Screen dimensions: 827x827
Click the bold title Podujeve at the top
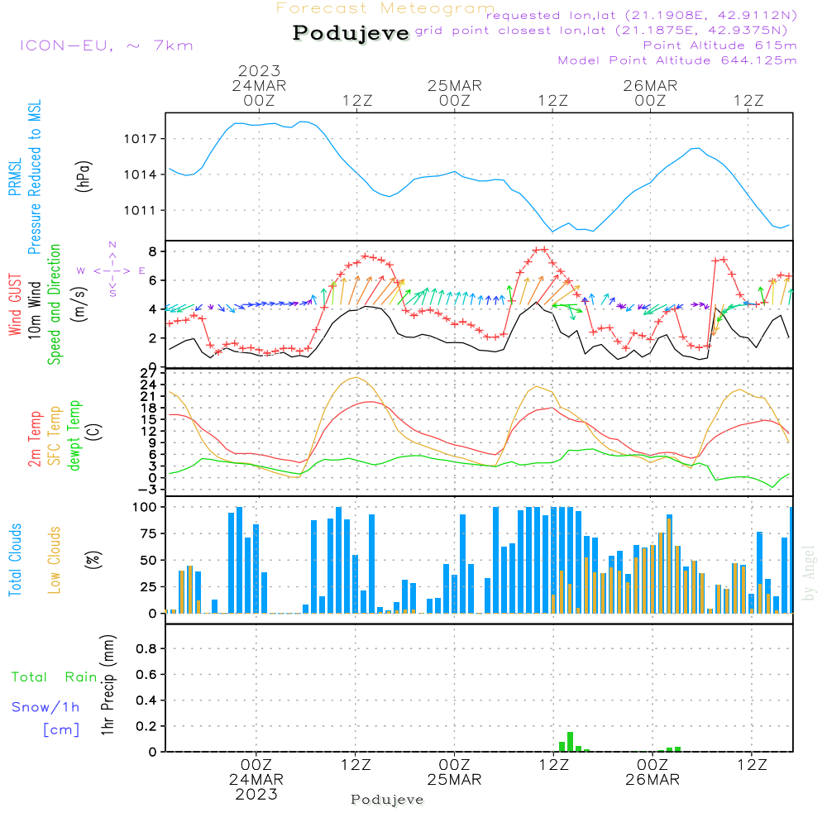coord(351,33)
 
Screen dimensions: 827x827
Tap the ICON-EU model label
coord(66,45)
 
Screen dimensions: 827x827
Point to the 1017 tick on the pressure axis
coord(141,139)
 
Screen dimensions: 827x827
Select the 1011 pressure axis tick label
coord(141,211)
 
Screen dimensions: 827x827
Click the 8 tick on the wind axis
coord(152,251)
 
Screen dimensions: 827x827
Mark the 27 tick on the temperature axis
coord(148,374)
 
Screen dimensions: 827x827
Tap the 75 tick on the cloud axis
coord(148,533)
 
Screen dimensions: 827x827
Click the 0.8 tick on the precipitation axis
coord(146,648)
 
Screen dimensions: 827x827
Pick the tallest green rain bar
coord(570,742)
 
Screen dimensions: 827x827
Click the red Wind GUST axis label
coord(15,304)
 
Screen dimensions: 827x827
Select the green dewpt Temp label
coord(74,435)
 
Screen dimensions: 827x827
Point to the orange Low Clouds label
coord(54,560)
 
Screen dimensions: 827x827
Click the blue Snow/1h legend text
coord(45,707)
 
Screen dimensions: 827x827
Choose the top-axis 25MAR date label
coord(455,86)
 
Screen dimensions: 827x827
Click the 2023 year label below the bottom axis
coord(256,794)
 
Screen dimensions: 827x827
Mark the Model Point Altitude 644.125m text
coord(677,60)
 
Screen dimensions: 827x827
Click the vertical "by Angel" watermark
coord(809,573)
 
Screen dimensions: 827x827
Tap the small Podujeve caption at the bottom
coord(387,800)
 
